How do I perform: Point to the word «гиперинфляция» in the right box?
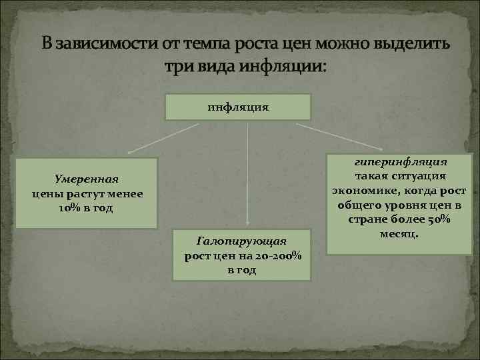click(x=401, y=162)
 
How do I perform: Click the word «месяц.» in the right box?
click(x=400, y=234)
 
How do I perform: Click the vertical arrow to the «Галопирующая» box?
click(x=248, y=173)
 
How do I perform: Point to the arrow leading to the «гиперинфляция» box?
click(x=337, y=135)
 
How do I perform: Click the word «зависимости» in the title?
click(x=107, y=45)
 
